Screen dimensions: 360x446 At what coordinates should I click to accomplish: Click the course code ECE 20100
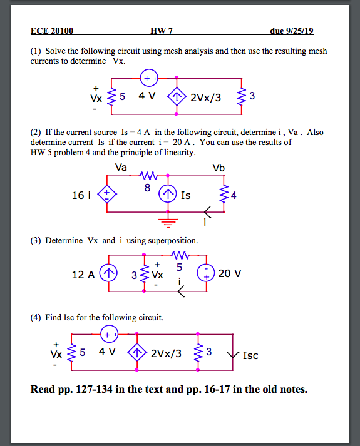[x=52, y=31]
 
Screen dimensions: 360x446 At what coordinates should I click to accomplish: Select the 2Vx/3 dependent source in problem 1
[x=177, y=97]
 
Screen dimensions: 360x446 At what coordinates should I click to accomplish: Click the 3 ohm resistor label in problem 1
[x=252, y=96]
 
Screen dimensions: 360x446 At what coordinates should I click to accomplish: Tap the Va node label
[x=121, y=167]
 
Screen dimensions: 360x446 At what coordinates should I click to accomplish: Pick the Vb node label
[x=219, y=167]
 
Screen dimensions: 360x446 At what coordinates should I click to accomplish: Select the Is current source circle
[x=167, y=195]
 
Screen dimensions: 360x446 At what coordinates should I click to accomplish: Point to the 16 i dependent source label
[x=81, y=195]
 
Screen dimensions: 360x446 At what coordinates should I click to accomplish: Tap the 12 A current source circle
[x=109, y=273]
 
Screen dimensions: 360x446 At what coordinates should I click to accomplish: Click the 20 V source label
[x=230, y=273]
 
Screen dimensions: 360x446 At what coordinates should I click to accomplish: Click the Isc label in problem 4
[x=250, y=355]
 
